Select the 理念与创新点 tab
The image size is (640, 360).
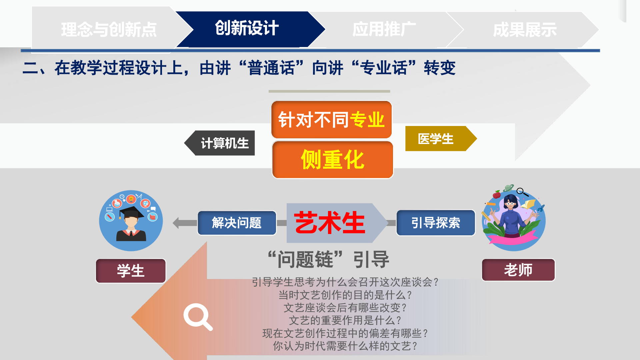click(x=109, y=29)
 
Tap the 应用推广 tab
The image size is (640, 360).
click(x=384, y=29)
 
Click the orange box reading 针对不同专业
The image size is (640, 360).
click(x=332, y=120)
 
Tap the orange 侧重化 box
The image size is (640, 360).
click(x=333, y=160)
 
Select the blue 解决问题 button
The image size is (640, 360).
click(x=237, y=223)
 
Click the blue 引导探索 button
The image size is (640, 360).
click(x=436, y=223)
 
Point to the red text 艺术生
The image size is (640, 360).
click(x=329, y=223)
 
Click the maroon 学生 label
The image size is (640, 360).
click(x=131, y=271)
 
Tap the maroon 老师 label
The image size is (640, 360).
click(x=518, y=270)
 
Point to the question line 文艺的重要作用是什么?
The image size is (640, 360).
click(x=345, y=320)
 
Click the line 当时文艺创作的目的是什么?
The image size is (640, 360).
click(x=345, y=295)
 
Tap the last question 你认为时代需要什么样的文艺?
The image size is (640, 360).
click(x=345, y=346)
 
